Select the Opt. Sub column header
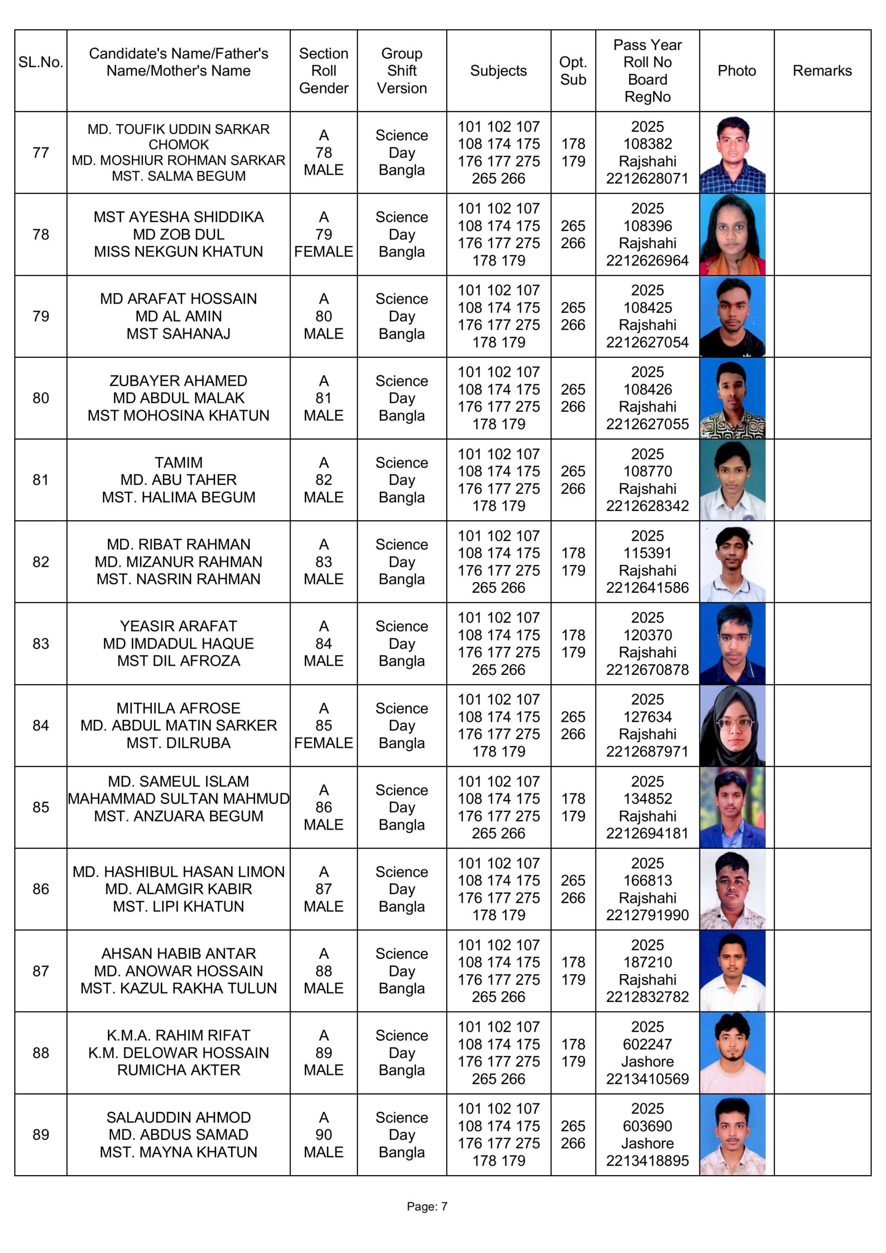click(573, 70)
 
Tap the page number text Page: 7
click(427, 1206)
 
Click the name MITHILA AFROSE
click(178, 708)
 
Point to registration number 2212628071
click(647, 179)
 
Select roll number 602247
click(647, 1044)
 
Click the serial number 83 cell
click(41, 644)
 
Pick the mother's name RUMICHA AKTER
click(178, 1069)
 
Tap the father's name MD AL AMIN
click(178, 316)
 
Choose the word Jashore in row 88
click(647, 1062)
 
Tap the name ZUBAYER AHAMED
click(178, 380)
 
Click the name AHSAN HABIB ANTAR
click(178, 953)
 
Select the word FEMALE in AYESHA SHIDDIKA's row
click(323, 252)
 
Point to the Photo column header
click(736, 70)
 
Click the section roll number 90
click(323, 1135)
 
